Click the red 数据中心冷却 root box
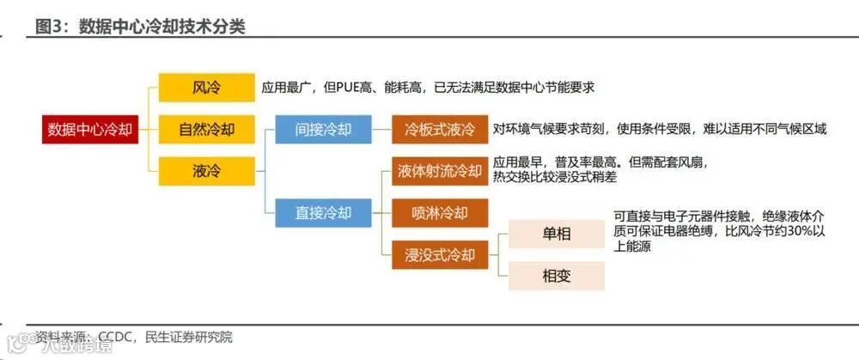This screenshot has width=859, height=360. coord(89,130)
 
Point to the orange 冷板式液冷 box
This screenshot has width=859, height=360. coord(440,130)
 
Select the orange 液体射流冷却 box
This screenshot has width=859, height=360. coord(440,171)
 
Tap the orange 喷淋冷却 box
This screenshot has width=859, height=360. coord(440,212)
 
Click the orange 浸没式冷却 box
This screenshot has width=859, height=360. coord(440,254)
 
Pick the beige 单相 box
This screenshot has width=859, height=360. coord(557,234)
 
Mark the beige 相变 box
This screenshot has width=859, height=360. coord(557,276)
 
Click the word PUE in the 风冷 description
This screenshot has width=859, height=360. coord(356,88)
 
